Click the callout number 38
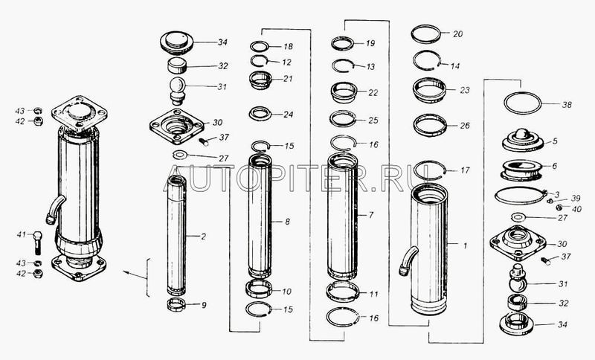566,105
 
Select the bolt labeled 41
37,242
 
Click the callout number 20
457,34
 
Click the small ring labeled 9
176,304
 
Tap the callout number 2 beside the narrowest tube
203,237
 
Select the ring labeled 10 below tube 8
259,289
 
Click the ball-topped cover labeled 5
523,141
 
